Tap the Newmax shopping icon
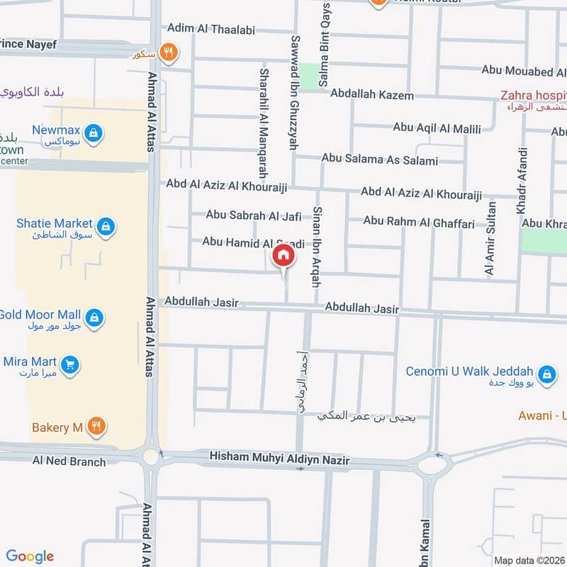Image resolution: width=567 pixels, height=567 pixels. [93, 132]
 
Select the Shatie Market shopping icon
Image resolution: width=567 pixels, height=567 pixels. [106, 226]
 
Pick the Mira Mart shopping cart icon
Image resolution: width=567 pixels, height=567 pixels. [69, 365]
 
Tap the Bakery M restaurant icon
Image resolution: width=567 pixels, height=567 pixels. [98, 427]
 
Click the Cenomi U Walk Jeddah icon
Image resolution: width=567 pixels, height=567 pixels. [546, 374]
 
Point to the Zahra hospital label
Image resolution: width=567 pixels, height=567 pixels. [532, 95]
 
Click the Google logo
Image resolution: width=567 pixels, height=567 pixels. [30, 556]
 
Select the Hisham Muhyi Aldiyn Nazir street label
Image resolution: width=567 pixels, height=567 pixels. [280, 460]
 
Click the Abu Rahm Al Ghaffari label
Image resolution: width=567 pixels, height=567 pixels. [419, 222]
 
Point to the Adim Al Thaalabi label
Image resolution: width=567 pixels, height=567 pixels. [210, 30]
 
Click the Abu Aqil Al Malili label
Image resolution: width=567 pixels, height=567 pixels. [437, 128]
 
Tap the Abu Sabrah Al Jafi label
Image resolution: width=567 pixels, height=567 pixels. [254, 215]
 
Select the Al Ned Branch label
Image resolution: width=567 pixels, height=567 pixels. [69, 461]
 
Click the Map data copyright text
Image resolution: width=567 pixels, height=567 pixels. [528, 560]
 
